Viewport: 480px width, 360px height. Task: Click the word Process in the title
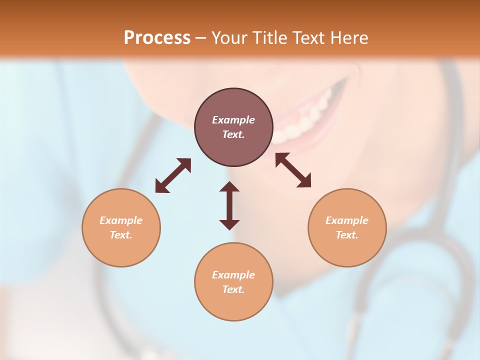157,38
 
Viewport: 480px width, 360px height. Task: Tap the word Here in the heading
348,38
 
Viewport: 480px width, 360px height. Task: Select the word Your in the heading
229,38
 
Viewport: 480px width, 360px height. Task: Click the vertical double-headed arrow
229,205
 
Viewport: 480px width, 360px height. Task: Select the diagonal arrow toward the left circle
173,175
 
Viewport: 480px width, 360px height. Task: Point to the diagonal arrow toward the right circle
293,170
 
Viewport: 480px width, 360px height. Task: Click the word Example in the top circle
233,120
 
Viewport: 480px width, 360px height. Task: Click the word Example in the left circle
121,220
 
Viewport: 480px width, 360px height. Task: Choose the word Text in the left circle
121,235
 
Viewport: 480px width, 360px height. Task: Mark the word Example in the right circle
347,220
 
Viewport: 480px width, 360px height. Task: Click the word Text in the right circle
347,235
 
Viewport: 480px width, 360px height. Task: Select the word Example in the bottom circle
233,275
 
